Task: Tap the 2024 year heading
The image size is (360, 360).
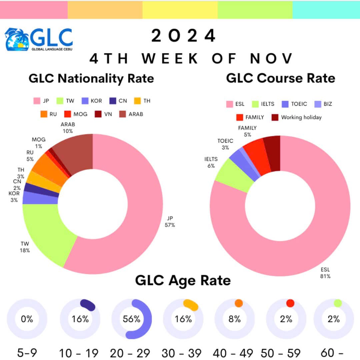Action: (x=183, y=36)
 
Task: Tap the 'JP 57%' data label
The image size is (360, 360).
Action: (x=170, y=221)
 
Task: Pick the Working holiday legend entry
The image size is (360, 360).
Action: (x=297, y=117)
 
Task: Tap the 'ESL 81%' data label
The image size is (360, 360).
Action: (x=325, y=273)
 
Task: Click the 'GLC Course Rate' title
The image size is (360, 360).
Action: (x=281, y=78)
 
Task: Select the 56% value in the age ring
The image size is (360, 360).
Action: (x=132, y=319)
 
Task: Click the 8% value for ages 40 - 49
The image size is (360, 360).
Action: (x=235, y=319)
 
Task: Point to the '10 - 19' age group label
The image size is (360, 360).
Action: (x=79, y=353)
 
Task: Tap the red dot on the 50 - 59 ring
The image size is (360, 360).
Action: (x=290, y=303)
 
